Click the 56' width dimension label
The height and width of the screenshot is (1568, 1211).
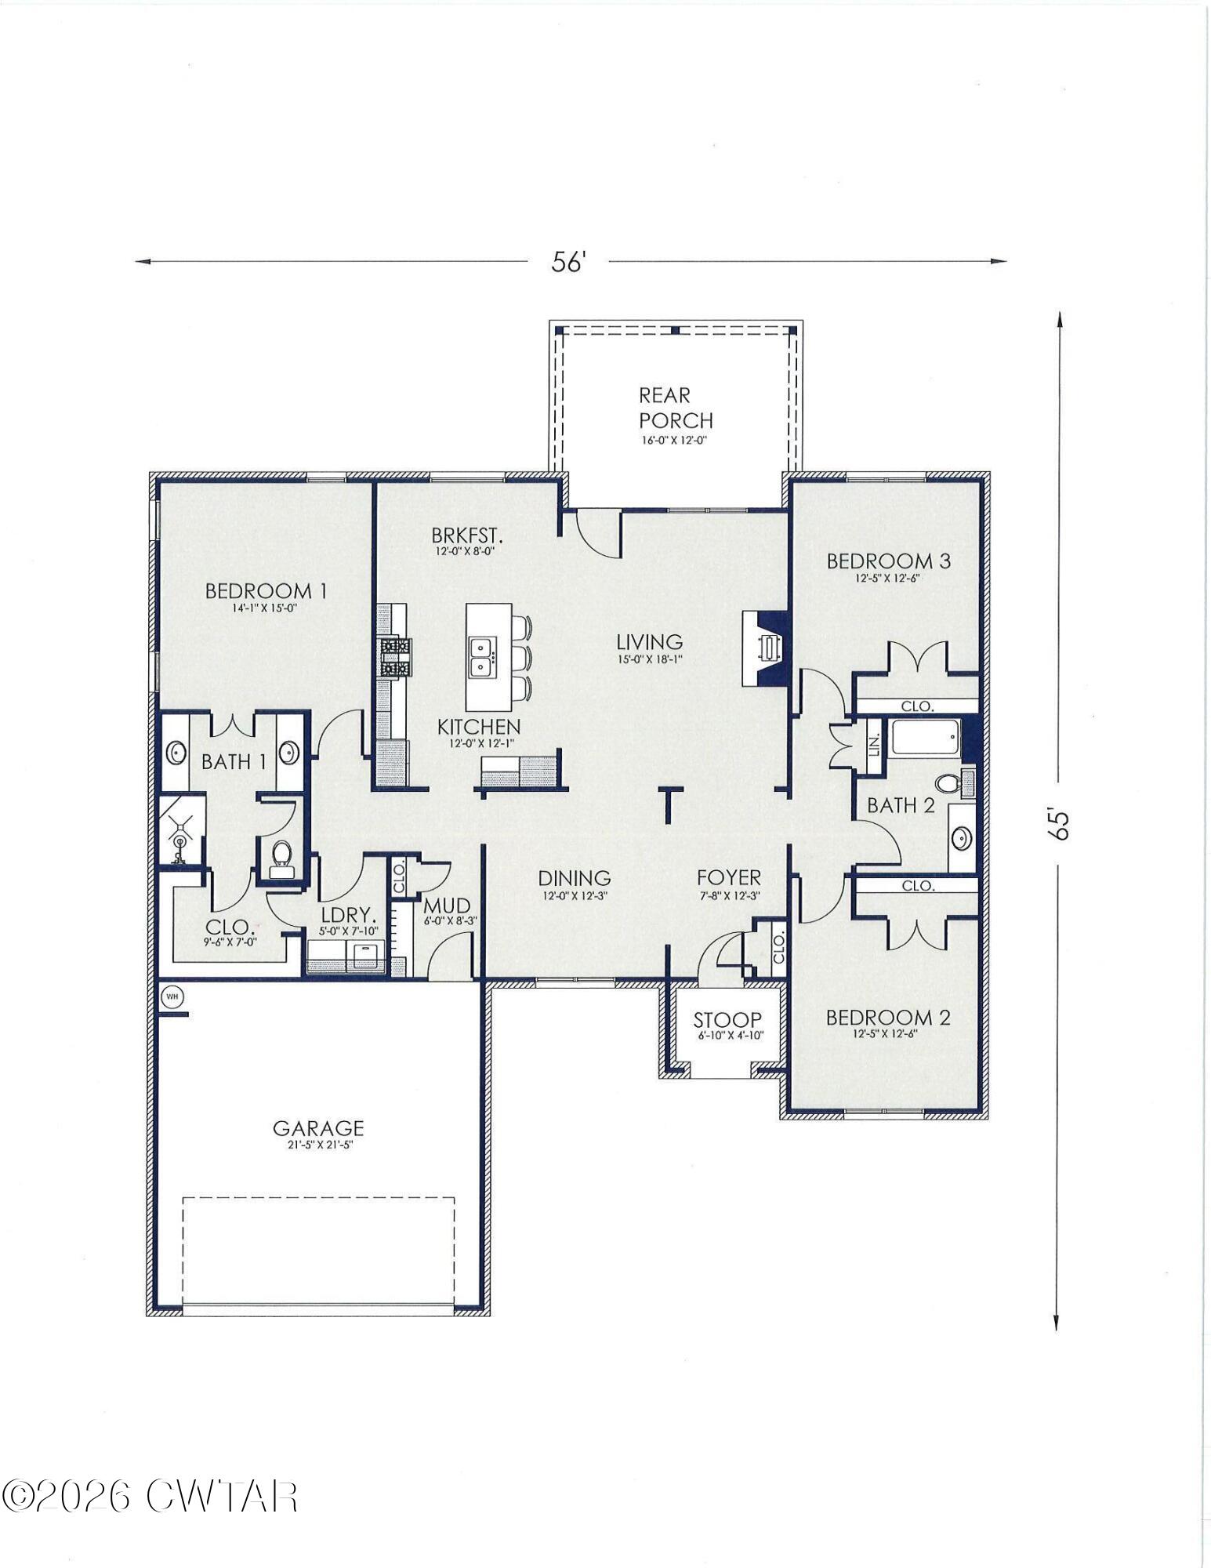pos(568,262)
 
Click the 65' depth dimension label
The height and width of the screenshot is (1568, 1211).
pos(1059,824)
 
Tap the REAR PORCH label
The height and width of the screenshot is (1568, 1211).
pos(675,408)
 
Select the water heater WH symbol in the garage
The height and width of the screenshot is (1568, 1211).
pos(172,997)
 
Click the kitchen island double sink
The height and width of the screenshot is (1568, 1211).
pos(480,657)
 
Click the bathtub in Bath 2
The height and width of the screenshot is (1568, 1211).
pos(924,739)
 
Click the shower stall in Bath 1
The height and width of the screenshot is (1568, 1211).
pos(181,830)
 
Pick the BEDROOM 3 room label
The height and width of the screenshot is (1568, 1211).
pos(888,561)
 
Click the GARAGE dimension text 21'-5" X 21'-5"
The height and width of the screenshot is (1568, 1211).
pos(318,1145)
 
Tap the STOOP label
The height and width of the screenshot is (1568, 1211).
pos(727,1020)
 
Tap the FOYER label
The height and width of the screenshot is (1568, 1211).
pos(729,878)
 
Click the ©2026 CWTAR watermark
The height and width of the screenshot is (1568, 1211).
pos(149,1497)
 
